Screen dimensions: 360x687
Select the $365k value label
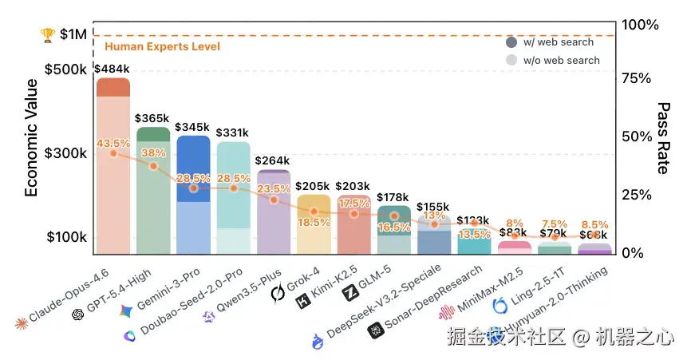coord(152,119)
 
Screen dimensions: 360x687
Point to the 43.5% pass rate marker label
coord(113,142)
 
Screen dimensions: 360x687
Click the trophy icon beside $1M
coord(47,35)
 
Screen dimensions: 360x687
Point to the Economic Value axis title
coord(31,136)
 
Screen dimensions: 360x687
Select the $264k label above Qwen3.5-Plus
coord(273,160)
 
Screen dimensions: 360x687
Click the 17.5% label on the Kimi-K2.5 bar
coord(353,204)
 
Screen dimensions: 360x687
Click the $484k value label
coord(112,69)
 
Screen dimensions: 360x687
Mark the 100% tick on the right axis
coord(640,25)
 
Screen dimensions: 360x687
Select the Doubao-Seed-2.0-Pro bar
coord(233,200)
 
